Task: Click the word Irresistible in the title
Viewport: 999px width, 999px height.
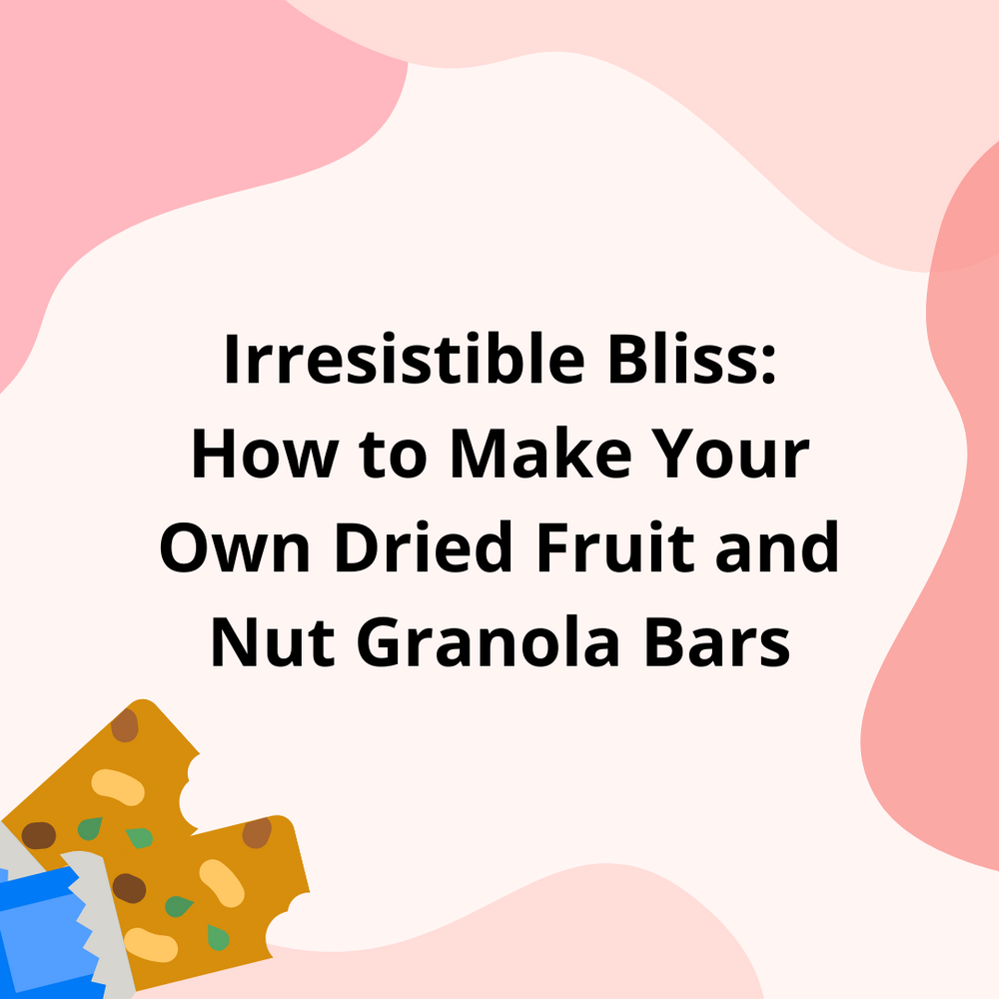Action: (405, 360)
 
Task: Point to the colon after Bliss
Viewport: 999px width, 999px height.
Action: (769, 367)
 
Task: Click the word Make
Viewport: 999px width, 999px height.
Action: (540, 453)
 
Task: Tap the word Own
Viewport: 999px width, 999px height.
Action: (235, 547)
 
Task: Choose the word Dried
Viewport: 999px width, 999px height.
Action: (424, 546)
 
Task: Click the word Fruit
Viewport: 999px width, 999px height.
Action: (614, 546)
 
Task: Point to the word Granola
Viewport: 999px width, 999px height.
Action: (489, 641)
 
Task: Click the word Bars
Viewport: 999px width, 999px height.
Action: (716, 642)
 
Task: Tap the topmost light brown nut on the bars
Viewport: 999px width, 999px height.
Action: (125, 725)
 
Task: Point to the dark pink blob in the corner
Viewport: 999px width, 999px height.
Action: (943, 509)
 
